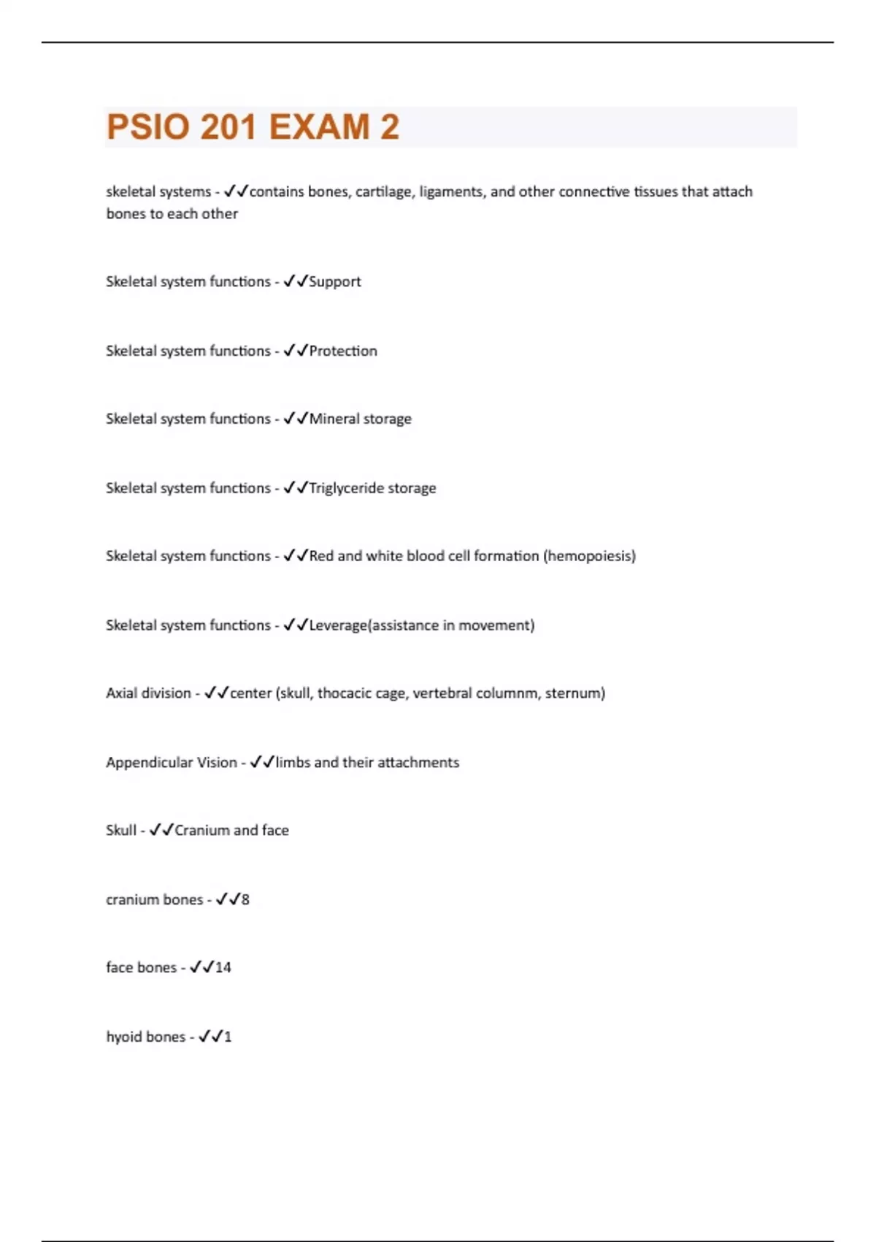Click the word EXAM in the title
point(319,127)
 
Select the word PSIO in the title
point(148,127)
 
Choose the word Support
point(335,282)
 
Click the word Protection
point(343,351)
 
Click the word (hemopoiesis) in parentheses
point(589,556)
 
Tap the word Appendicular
point(149,763)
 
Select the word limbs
point(293,763)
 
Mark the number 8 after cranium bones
point(245,900)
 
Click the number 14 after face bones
point(223,968)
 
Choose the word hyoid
point(124,1037)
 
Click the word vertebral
point(442,693)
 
